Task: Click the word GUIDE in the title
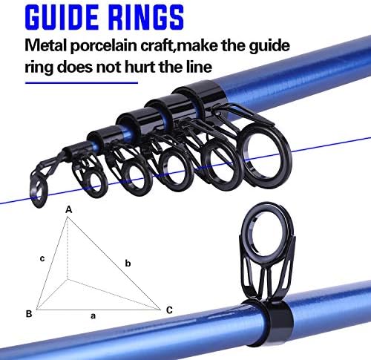62,18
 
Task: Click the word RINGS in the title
146,18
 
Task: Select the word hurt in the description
140,67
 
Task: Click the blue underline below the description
82,83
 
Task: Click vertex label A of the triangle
69,210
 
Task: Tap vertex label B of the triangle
29,314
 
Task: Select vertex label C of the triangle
169,310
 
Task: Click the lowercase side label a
93,316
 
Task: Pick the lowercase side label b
128,263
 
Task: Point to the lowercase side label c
42,258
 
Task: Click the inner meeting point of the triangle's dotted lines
68,280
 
